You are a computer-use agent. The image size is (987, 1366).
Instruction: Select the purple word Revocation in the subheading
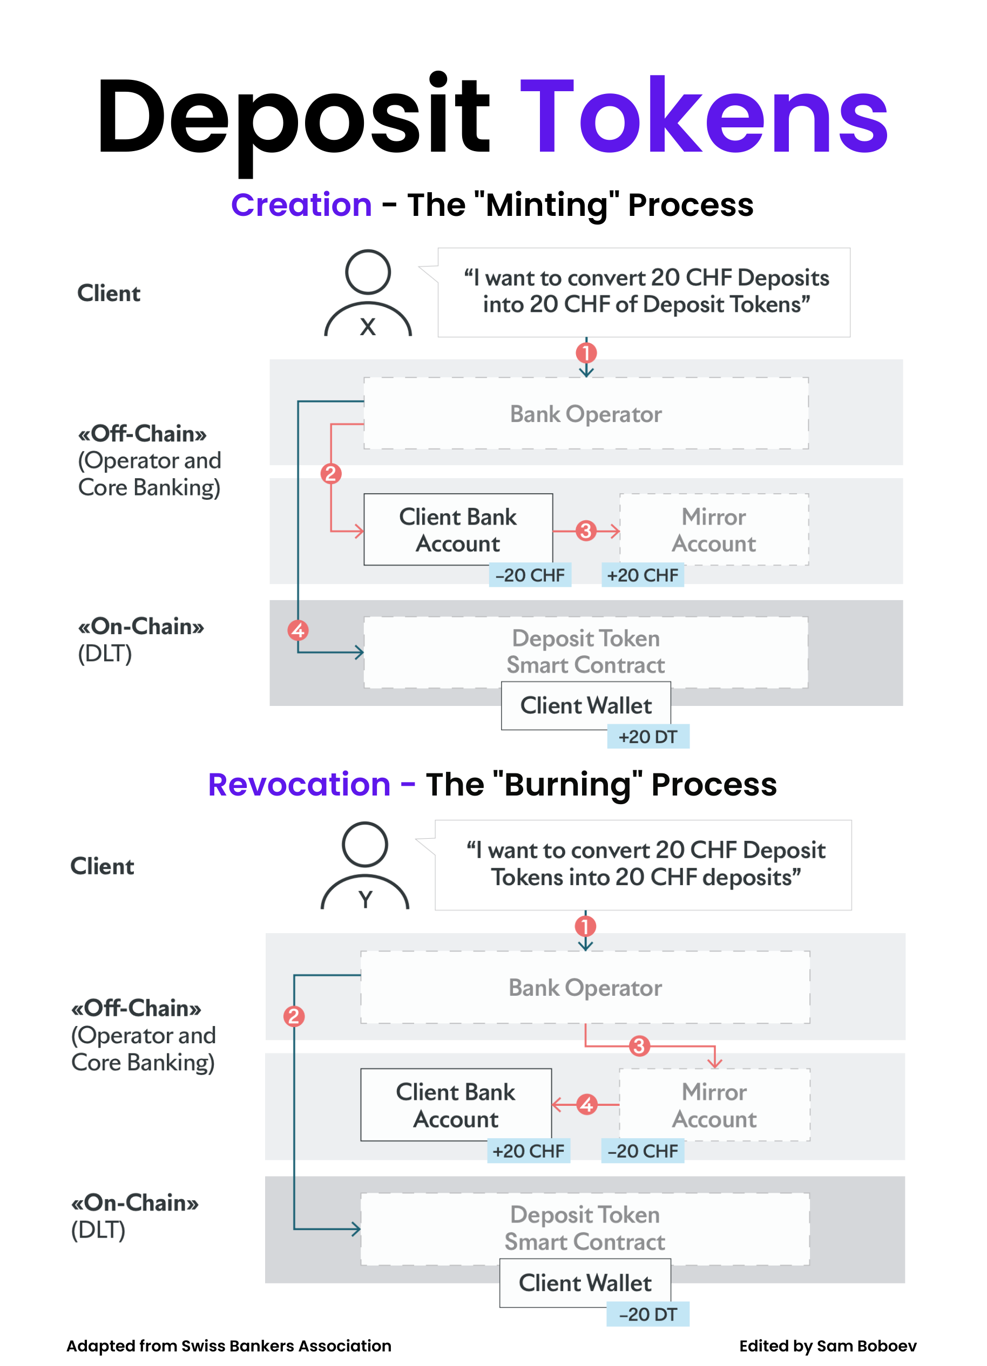point(300,785)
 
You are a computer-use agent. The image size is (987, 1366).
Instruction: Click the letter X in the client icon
point(368,327)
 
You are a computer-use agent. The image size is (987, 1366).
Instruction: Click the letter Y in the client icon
point(365,899)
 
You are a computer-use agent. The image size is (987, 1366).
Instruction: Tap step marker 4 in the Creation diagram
point(298,630)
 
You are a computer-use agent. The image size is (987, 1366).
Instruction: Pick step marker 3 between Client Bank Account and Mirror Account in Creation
point(586,531)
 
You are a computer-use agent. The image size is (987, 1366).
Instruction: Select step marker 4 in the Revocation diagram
point(586,1105)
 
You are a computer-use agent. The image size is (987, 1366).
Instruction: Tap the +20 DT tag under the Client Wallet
point(648,737)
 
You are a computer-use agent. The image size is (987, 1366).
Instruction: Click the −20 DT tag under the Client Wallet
point(648,1314)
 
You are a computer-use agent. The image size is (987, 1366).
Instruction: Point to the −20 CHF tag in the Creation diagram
point(530,575)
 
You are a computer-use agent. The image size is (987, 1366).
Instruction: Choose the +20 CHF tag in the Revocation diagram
point(529,1151)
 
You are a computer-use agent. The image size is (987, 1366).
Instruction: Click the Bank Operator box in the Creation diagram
point(586,414)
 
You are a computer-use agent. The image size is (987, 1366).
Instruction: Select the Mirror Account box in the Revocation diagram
point(714,1105)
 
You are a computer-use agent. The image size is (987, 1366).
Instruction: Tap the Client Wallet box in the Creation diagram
point(586,705)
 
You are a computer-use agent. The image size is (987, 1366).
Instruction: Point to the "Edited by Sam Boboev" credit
point(827,1345)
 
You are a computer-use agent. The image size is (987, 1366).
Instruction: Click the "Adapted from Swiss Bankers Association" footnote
point(229,1345)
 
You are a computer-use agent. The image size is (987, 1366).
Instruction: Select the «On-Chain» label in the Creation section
point(141,627)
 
